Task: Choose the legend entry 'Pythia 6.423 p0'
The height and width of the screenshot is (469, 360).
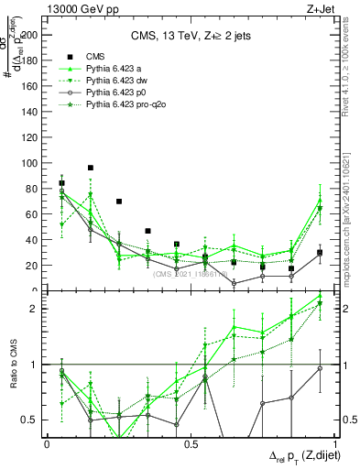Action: [118, 93]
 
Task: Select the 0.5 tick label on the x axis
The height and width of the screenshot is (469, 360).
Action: [191, 444]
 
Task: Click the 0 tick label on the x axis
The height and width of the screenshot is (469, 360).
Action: [47, 444]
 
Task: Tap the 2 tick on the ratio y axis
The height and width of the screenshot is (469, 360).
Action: [36, 309]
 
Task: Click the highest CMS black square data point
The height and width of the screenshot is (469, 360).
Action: [90, 168]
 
